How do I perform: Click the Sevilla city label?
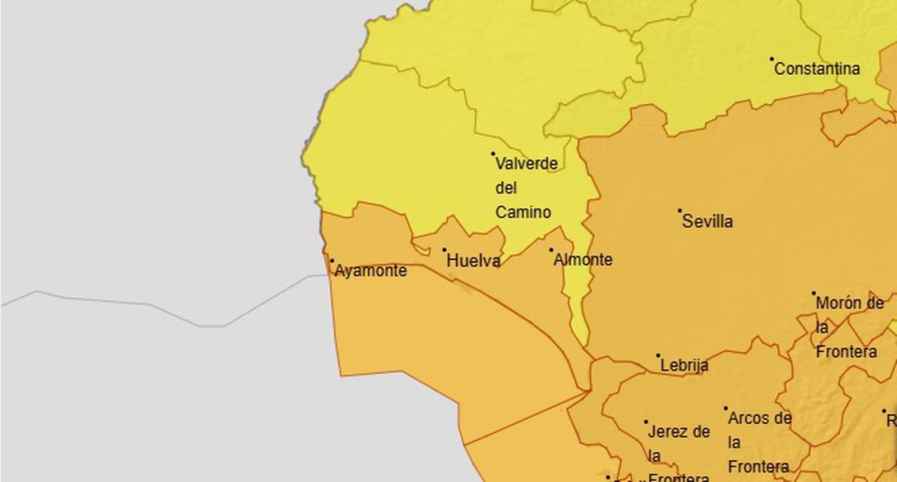point(707,221)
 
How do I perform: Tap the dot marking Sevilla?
point(680,211)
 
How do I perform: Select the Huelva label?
point(474,260)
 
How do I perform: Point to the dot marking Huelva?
point(445,250)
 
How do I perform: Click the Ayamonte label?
point(371,270)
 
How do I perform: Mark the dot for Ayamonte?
point(332,260)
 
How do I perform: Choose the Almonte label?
point(583,260)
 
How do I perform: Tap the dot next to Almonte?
point(551,250)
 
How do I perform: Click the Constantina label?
point(817,69)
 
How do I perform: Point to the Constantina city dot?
point(772,58)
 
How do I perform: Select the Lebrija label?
point(685,365)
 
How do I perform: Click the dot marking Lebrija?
point(658,355)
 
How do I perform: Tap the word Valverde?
point(526,164)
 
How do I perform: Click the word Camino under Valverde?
point(523,212)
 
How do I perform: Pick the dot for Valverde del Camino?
point(493,153)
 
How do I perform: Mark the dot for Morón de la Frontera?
point(813,293)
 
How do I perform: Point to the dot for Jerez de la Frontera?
point(646,422)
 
